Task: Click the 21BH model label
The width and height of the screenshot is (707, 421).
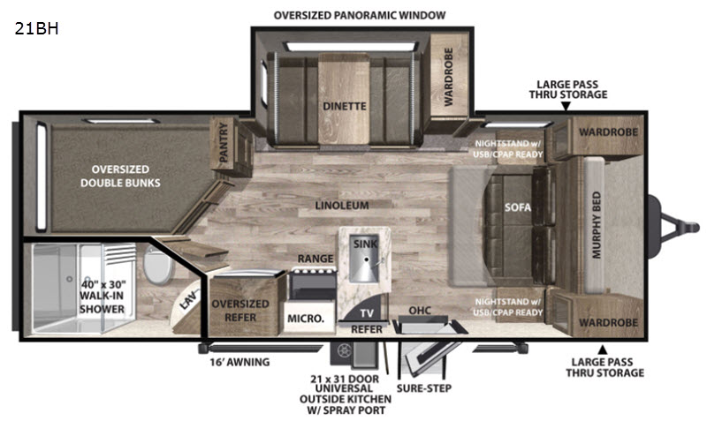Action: pyautogui.click(x=36, y=29)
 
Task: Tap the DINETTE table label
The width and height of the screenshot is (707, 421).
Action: pyautogui.click(x=344, y=106)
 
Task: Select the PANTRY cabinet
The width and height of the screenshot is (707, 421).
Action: pyautogui.click(x=232, y=147)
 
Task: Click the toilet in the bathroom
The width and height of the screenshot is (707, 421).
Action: pyautogui.click(x=158, y=265)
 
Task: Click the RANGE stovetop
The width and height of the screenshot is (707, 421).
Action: pyautogui.click(x=313, y=284)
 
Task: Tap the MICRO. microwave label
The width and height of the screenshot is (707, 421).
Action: pyautogui.click(x=306, y=319)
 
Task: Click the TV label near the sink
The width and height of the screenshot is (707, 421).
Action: pyautogui.click(x=367, y=313)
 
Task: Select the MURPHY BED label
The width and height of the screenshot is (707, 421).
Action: pyautogui.click(x=596, y=225)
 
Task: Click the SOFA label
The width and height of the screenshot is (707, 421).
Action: pyautogui.click(x=518, y=207)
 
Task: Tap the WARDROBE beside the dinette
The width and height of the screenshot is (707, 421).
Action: pyautogui.click(x=449, y=77)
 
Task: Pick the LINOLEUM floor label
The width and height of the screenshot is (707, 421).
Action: pyautogui.click(x=342, y=206)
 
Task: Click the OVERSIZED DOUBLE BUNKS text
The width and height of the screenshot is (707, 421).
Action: pyautogui.click(x=120, y=176)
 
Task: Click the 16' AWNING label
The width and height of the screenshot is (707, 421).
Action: pyautogui.click(x=239, y=362)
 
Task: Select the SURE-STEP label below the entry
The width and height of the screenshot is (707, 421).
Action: pyautogui.click(x=424, y=388)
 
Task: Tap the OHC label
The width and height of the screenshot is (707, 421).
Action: pyautogui.click(x=419, y=311)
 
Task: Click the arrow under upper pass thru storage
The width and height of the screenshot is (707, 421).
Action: pyautogui.click(x=566, y=106)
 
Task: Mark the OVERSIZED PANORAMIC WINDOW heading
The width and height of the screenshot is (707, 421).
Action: pyautogui.click(x=360, y=15)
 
